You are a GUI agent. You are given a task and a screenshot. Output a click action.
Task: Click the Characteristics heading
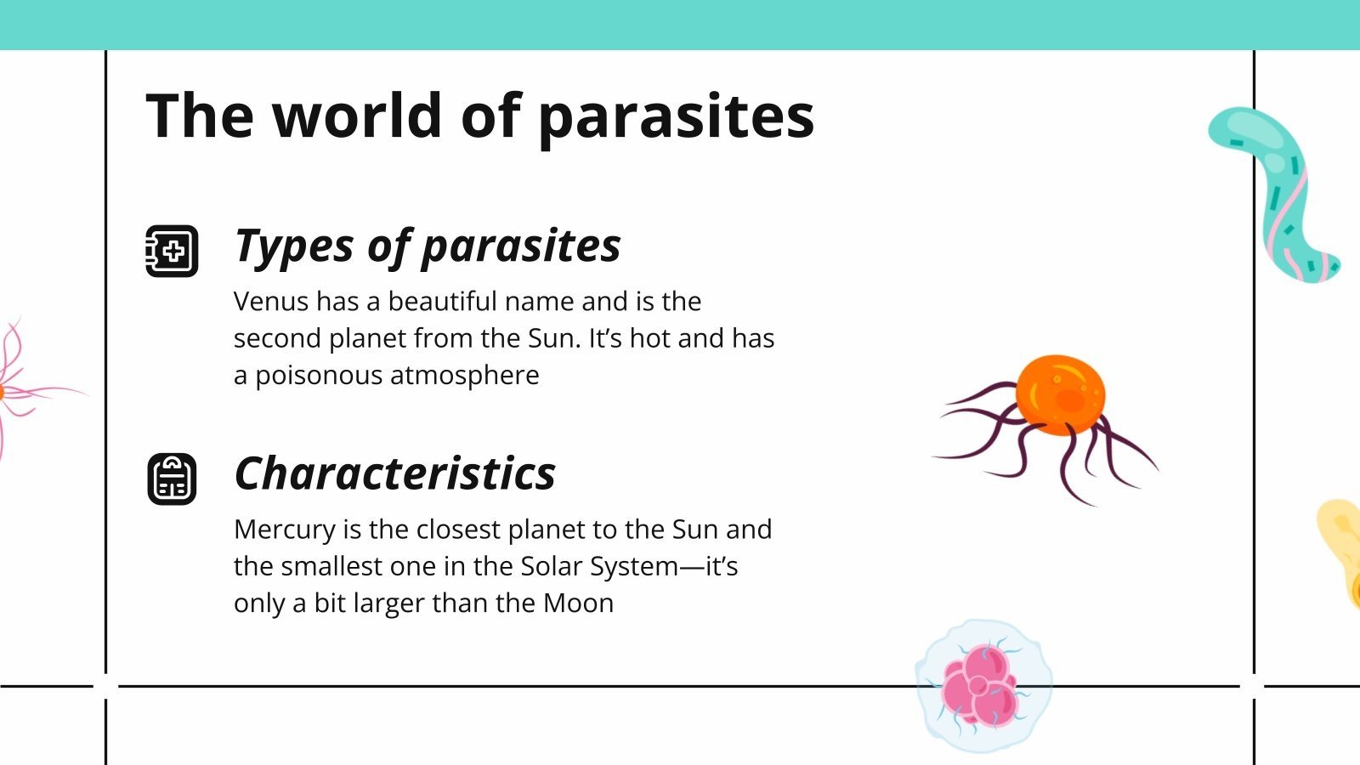[394, 473]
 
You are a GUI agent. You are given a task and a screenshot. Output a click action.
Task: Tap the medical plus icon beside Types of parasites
[172, 251]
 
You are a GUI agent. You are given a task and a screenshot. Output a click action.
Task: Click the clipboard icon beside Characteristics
[172, 479]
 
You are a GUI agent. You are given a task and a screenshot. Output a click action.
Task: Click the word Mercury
[284, 530]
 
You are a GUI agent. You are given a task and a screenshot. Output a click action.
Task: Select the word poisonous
[319, 376]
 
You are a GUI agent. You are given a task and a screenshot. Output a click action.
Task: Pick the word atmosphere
[464, 376]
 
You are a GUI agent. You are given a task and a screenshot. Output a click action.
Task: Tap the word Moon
[578, 603]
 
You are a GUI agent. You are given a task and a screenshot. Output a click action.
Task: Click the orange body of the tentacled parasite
[1060, 395]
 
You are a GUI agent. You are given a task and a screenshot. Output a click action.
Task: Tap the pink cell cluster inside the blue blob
[979, 687]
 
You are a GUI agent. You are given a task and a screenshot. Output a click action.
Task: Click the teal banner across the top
[680, 25]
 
